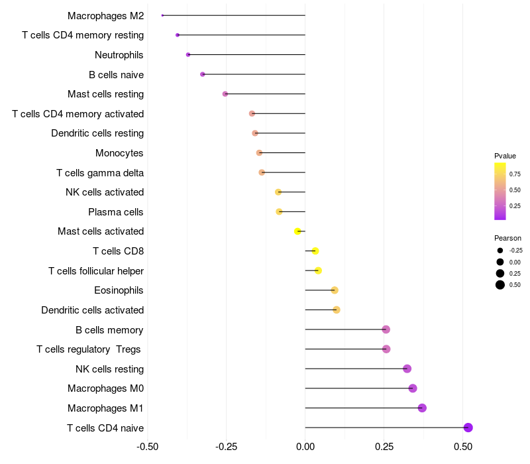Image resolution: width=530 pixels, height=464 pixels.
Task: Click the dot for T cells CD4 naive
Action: (468, 428)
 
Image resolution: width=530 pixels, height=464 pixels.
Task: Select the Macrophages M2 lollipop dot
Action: (162, 15)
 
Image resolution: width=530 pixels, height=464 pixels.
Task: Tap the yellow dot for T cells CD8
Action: (315, 251)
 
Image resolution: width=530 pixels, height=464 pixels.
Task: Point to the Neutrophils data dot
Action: (188, 54)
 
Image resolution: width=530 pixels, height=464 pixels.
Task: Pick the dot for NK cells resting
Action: (407, 369)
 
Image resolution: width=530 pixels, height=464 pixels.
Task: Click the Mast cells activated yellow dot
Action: (298, 231)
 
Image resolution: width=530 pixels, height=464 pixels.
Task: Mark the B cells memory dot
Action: (386, 329)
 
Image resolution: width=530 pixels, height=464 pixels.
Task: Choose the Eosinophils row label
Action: (119, 290)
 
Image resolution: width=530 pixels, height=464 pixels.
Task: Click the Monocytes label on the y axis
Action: (119, 153)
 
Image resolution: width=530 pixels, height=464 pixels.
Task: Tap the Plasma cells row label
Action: (115, 212)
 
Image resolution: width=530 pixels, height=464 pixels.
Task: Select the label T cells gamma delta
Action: (100, 173)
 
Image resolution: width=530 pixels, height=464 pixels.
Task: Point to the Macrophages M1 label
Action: (105, 408)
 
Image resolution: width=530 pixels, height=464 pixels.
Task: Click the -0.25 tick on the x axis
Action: (226, 447)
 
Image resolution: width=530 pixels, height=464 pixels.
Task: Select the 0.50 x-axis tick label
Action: (463, 447)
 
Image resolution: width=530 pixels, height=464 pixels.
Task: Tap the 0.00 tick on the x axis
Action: (305, 447)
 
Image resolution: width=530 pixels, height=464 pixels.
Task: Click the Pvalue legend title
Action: (505, 156)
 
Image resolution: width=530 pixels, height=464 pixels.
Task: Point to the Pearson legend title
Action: (507, 238)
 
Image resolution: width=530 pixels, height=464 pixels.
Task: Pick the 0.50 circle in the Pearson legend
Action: (500, 285)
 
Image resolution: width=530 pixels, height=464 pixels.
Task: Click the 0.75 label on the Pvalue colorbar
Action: (515, 174)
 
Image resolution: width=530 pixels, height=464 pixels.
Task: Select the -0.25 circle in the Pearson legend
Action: (500, 251)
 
